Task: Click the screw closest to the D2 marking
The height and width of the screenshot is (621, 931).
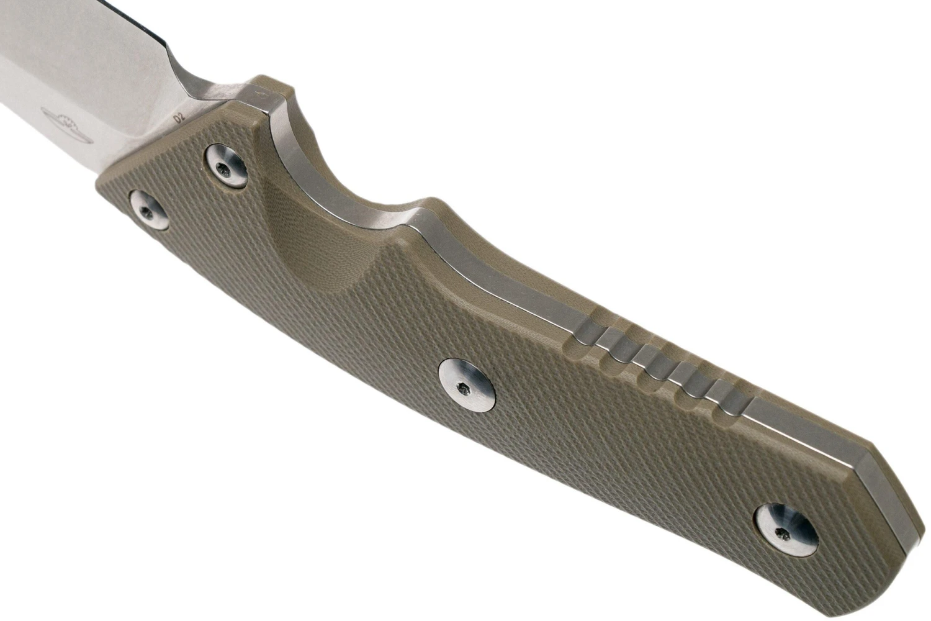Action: (227, 166)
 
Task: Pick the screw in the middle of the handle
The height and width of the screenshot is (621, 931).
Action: (467, 386)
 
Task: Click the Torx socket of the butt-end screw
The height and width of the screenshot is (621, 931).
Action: (783, 534)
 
